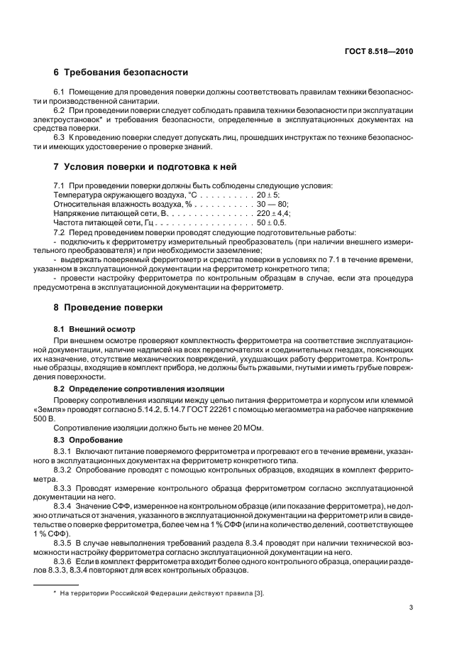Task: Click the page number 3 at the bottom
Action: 411,607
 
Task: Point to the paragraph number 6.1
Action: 60,93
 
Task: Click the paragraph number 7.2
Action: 60,232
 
